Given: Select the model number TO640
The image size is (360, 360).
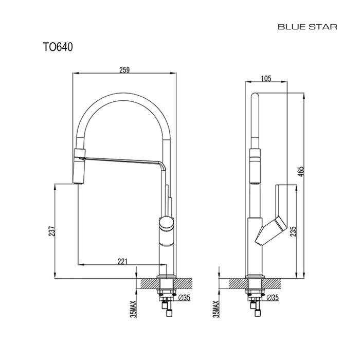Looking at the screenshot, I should pos(58,47).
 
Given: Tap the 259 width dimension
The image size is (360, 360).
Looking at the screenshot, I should pos(124,69).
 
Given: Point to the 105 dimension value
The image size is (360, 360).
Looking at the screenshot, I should pos(266,78).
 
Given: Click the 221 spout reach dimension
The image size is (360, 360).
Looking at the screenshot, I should pos(122,261).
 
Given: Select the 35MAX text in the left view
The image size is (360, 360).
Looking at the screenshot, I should pos(133,306).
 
